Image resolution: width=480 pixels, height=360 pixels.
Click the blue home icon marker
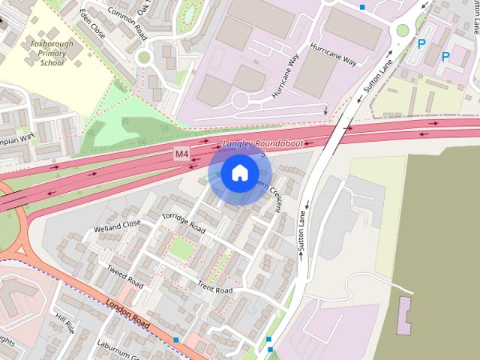click(238, 173)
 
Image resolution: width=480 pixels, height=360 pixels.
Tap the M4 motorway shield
click(181, 154)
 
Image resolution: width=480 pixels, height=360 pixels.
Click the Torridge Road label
click(183, 222)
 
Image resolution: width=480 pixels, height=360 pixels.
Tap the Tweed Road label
click(124, 276)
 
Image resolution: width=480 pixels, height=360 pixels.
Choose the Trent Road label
click(214, 286)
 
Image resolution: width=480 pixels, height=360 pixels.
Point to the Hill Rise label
click(65, 323)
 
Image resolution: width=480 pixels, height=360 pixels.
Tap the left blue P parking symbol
click(421, 45)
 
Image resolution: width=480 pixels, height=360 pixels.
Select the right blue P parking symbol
click(445, 56)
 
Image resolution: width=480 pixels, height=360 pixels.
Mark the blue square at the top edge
click(362, 7)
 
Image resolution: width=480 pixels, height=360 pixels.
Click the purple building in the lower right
click(405, 316)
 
